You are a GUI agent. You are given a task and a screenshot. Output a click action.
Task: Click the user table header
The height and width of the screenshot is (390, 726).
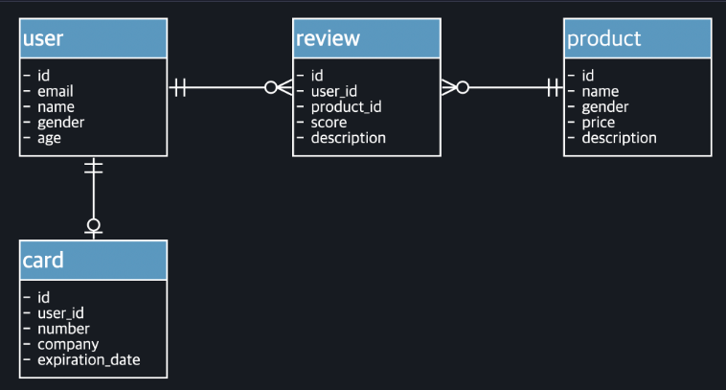pos(93,38)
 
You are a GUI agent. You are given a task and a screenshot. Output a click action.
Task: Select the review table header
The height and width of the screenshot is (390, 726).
pos(366,38)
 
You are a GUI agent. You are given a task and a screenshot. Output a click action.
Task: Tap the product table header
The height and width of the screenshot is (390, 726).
pos(637,38)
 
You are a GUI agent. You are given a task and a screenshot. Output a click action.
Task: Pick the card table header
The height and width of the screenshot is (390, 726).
pos(93,260)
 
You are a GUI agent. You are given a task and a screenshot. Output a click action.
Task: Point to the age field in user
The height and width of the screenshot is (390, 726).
pos(49,138)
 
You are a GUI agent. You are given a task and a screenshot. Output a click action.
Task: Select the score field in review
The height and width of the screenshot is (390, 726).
pos(329,123)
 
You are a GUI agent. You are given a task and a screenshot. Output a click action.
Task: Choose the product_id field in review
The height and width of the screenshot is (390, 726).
pos(346,106)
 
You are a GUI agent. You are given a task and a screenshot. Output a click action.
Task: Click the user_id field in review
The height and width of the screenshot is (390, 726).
pos(333,91)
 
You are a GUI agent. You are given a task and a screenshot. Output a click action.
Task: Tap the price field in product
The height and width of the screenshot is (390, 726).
pos(599,123)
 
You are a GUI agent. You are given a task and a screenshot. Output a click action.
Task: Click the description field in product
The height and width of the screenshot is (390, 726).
pos(619,138)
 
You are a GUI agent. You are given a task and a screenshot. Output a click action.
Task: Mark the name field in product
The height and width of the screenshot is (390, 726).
pos(600,91)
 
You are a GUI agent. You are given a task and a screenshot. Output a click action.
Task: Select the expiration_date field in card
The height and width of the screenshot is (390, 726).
pos(88,359)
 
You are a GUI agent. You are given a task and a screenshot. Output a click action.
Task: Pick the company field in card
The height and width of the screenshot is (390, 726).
pos(68,344)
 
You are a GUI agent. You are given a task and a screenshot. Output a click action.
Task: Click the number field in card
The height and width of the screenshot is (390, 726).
pos(63,329)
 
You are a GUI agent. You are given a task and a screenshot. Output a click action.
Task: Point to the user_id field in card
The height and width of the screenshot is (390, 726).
pos(60,312)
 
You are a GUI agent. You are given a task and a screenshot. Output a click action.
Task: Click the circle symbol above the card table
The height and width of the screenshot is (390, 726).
pos(93,226)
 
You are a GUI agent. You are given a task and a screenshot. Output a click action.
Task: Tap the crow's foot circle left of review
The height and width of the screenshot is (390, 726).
pos(271,88)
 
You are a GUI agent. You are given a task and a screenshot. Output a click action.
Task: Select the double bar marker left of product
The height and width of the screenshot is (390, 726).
pos(553,88)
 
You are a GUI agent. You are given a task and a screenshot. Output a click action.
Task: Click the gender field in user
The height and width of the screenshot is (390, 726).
pos(60,123)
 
